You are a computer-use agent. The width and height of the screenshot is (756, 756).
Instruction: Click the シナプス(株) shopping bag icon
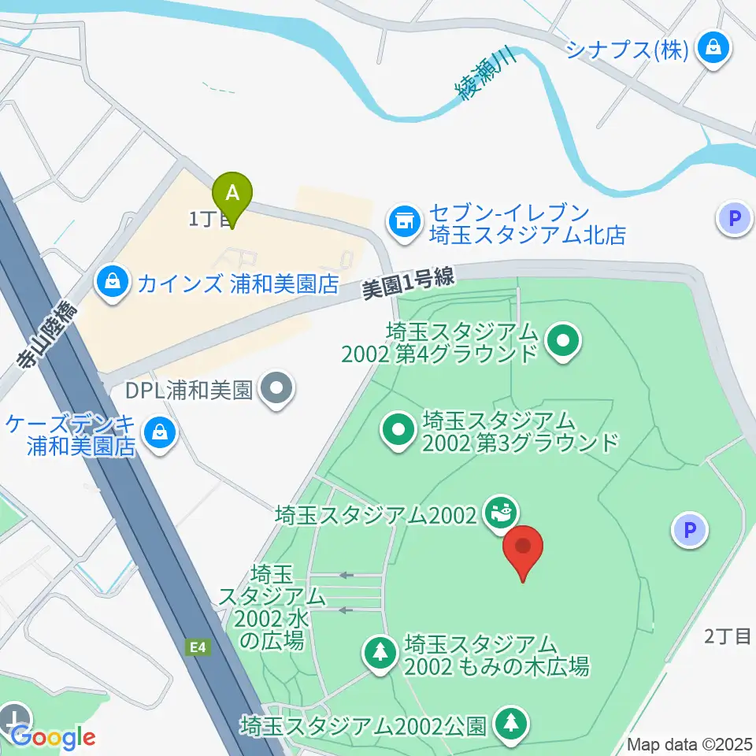713,49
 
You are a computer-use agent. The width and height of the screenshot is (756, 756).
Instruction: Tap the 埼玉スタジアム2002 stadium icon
499,513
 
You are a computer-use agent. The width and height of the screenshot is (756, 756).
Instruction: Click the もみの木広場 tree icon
381,652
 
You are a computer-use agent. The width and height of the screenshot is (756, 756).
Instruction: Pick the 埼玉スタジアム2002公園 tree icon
511,722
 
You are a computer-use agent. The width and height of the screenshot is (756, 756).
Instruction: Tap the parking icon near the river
736,218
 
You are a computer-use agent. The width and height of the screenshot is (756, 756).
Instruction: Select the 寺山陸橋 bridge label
48,335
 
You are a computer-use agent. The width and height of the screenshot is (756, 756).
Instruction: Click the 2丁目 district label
728,637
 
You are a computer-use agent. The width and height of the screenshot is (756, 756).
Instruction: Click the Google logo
53,738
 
